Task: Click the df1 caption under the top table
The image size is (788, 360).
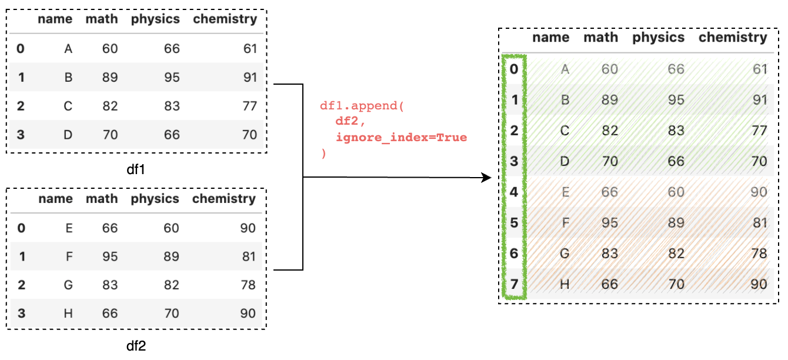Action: point(136,169)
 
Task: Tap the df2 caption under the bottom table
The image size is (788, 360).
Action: point(136,345)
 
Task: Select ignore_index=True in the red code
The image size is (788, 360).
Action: point(401,138)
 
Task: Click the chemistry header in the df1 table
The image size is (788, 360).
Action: point(225,19)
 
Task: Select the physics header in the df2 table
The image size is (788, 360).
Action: point(155,199)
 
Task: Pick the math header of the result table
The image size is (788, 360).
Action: point(600,38)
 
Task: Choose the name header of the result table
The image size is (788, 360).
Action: point(550,38)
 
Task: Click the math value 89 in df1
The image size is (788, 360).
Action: point(110,77)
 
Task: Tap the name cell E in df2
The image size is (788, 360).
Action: point(69,228)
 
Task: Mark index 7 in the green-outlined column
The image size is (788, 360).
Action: point(514,284)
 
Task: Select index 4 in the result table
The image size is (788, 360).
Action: point(514,192)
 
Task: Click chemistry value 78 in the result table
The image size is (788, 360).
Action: point(759,253)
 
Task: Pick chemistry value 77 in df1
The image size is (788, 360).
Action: point(249,106)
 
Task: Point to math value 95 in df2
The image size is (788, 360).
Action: point(110,256)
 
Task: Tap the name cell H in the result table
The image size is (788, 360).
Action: point(565,284)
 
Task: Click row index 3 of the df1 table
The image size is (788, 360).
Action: point(21,135)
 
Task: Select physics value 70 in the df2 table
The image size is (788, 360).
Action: point(171,314)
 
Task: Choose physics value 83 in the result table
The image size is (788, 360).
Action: point(676,131)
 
